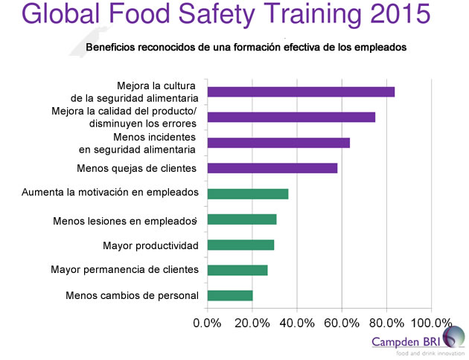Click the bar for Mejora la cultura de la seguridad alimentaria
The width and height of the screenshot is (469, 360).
pos(301,92)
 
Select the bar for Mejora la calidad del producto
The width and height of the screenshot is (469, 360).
pos(291,117)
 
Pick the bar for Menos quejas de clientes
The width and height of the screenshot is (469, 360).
pos(272,168)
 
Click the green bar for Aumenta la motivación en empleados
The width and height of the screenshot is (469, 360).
pos(248,194)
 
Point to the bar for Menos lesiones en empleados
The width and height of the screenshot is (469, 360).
pos(242,219)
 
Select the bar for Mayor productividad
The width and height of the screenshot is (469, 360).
pos(240,245)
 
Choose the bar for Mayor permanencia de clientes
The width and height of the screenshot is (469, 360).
pos(237,270)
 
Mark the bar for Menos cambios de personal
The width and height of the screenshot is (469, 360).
pos(230,295)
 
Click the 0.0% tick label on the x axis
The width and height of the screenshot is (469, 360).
pos(208,323)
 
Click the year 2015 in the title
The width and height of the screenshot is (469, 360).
pos(395,16)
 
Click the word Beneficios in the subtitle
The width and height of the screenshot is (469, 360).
pos(112,48)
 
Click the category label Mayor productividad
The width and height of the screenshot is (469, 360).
pos(150,245)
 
